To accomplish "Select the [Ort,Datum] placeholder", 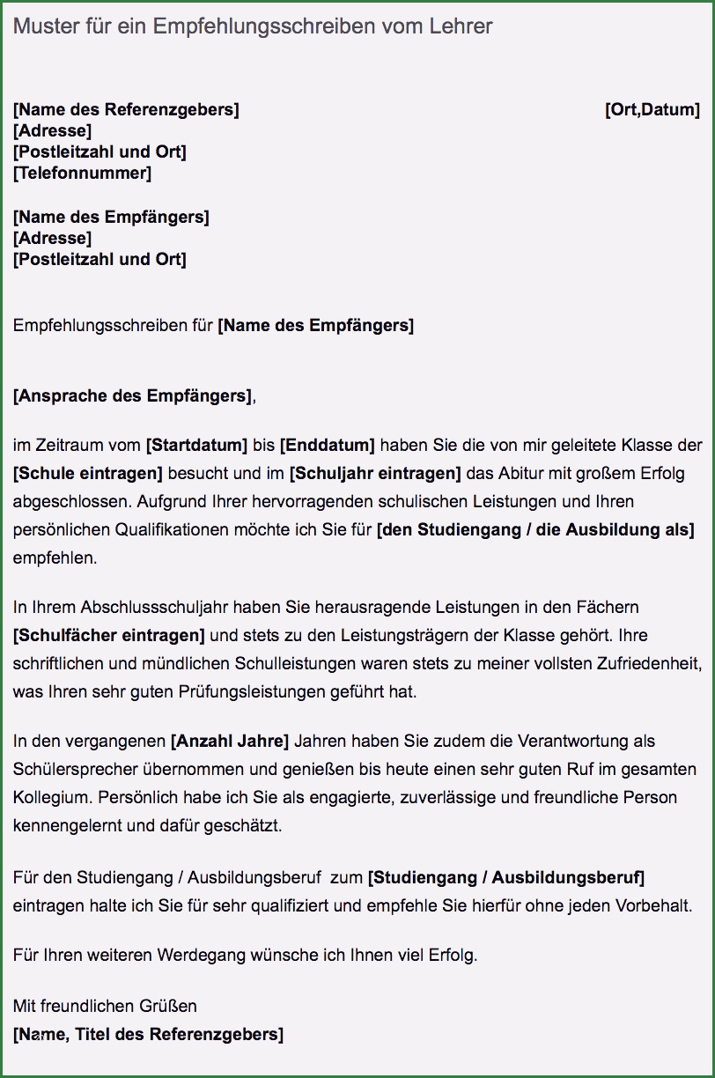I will [x=652, y=110].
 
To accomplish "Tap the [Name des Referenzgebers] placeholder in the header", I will [x=126, y=110].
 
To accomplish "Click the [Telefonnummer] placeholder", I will [x=82, y=174].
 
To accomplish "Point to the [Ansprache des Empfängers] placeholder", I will [x=133, y=395].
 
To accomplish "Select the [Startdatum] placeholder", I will [x=197, y=445].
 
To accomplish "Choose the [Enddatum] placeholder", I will [x=328, y=445].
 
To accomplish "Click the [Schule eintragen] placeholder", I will [x=88, y=473].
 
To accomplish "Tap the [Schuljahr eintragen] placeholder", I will [x=375, y=473].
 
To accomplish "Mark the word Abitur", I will [x=521, y=473].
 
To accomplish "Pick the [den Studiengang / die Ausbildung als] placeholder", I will [x=535, y=529].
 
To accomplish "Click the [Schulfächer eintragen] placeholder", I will [x=109, y=635].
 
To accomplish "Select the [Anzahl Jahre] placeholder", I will [x=229, y=741].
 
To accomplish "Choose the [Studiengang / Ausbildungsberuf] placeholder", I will [x=506, y=878].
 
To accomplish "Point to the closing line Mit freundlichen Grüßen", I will [x=105, y=1005].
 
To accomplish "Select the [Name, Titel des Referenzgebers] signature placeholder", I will [x=148, y=1034].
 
